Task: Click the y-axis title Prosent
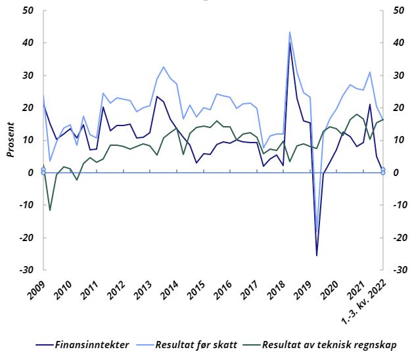[11, 139]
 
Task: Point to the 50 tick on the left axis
[29, 11]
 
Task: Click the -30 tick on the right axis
[399, 270]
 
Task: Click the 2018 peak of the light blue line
[290, 32]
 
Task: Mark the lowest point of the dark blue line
[317, 256]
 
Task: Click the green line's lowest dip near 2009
[50, 210]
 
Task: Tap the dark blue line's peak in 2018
[290, 43]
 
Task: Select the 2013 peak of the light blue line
[164, 67]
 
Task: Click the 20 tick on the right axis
[398, 108]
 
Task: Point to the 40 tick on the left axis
[29, 43]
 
